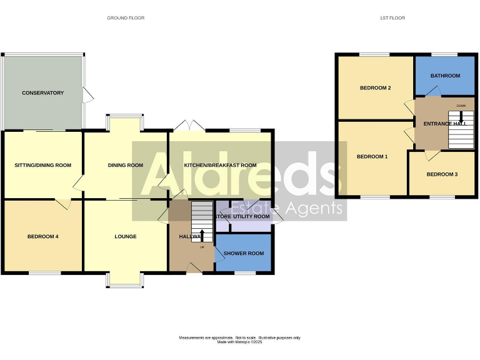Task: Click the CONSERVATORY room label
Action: click(x=42, y=93)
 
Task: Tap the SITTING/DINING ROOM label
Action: click(x=42, y=166)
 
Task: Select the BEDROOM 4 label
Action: click(x=42, y=236)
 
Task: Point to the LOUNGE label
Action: click(x=125, y=236)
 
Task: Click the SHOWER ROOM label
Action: click(x=244, y=253)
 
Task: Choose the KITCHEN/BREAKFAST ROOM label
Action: click(x=220, y=166)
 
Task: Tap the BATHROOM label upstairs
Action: click(x=445, y=76)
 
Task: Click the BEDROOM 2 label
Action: click(x=375, y=88)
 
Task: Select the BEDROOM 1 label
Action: click(x=372, y=156)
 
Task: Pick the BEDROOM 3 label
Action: click(x=442, y=174)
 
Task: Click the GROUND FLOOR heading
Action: click(x=126, y=18)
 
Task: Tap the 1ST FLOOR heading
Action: click(x=392, y=18)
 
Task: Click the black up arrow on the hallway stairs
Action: click(x=201, y=235)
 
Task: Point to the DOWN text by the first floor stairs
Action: click(x=461, y=106)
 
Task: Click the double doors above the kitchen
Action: click(x=188, y=125)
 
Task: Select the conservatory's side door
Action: click(x=89, y=96)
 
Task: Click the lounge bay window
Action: click(x=125, y=280)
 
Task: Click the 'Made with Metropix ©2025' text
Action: click(x=239, y=342)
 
